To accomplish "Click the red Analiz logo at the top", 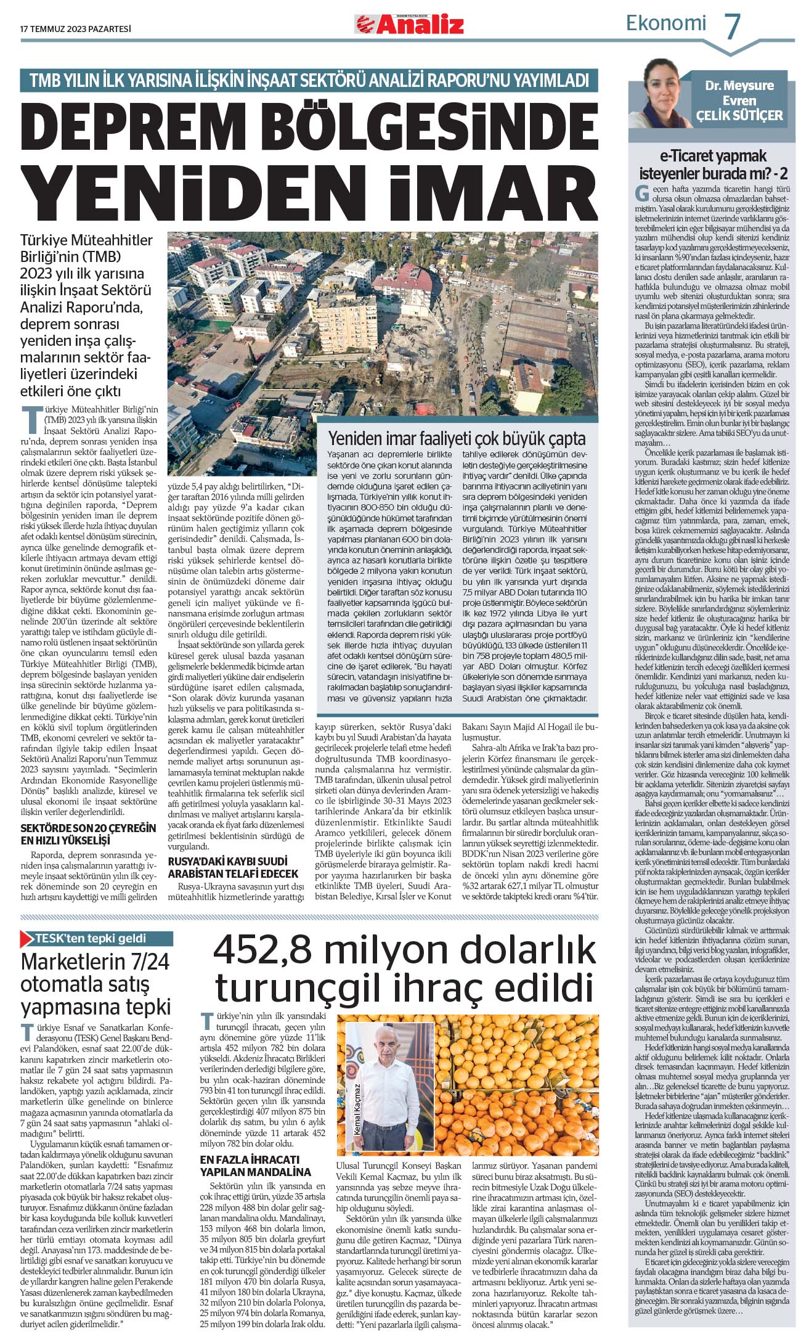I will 409,24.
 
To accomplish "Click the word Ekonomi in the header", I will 665,23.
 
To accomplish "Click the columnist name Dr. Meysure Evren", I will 739,92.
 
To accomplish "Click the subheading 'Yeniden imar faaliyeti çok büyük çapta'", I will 457,439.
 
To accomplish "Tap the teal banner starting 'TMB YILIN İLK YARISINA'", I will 309,79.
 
